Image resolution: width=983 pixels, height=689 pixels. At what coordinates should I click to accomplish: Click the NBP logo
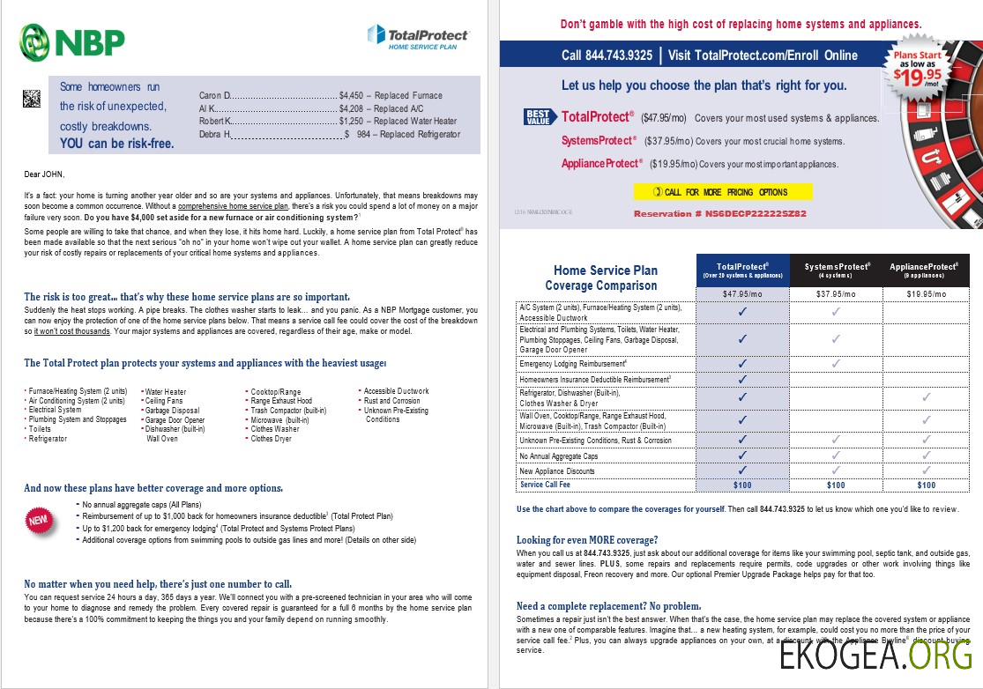click(72, 41)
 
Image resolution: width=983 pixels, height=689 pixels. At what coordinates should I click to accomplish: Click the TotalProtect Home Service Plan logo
click(418, 38)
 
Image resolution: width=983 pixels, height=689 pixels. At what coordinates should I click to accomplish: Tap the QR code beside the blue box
click(32, 98)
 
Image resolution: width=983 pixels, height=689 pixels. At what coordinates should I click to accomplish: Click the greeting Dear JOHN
click(45, 174)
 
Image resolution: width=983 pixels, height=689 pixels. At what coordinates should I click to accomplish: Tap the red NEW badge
click(39, 521)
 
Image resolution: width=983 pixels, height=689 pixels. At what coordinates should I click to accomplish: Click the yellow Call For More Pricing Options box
click(723, 192)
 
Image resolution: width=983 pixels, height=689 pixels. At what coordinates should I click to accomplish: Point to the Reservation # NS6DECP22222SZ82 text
click(719, 214)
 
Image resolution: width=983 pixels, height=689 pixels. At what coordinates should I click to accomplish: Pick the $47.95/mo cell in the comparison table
click(742, 294)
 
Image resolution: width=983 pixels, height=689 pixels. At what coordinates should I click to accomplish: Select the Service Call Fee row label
click(545, 485)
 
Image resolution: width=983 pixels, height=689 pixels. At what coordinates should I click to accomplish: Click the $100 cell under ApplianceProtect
click(926, 485)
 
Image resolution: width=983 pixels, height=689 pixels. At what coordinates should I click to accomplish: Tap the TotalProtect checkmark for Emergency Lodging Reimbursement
click(742, 363)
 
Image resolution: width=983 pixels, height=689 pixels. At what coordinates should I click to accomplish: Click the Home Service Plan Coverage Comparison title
click(605, 278)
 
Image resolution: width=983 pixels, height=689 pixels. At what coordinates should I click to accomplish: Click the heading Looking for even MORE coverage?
click(587, 540)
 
